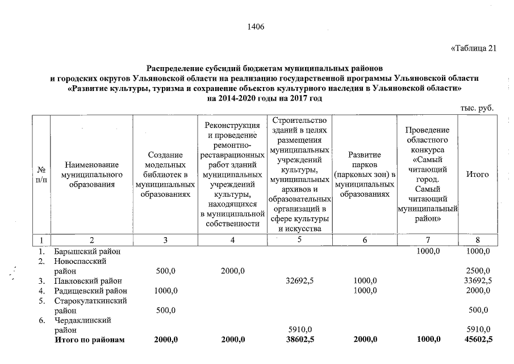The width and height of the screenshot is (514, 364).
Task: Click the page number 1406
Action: point(257,27)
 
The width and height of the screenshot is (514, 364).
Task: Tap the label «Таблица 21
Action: point(473,48)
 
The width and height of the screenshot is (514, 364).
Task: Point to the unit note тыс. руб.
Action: point(478,108)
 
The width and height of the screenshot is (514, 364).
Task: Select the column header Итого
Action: point(477,175)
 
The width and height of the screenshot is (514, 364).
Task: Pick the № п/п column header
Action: point(41,175)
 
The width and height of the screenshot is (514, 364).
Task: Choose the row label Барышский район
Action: point(87,251)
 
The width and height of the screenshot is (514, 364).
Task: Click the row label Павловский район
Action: point(88,280)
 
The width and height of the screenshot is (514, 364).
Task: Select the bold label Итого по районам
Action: point(89,340)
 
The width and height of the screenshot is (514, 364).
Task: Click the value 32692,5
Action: point(299,280)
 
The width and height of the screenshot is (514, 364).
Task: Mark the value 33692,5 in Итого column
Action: point(477,280)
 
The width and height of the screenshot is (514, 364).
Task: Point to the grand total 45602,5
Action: point(477,340)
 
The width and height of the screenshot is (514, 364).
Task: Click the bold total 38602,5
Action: point(299,340)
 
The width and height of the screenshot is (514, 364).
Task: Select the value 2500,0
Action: point(478,271)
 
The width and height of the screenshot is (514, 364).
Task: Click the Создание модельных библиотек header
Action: point(165,175)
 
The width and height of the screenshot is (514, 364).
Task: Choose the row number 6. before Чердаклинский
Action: point(41,320)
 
